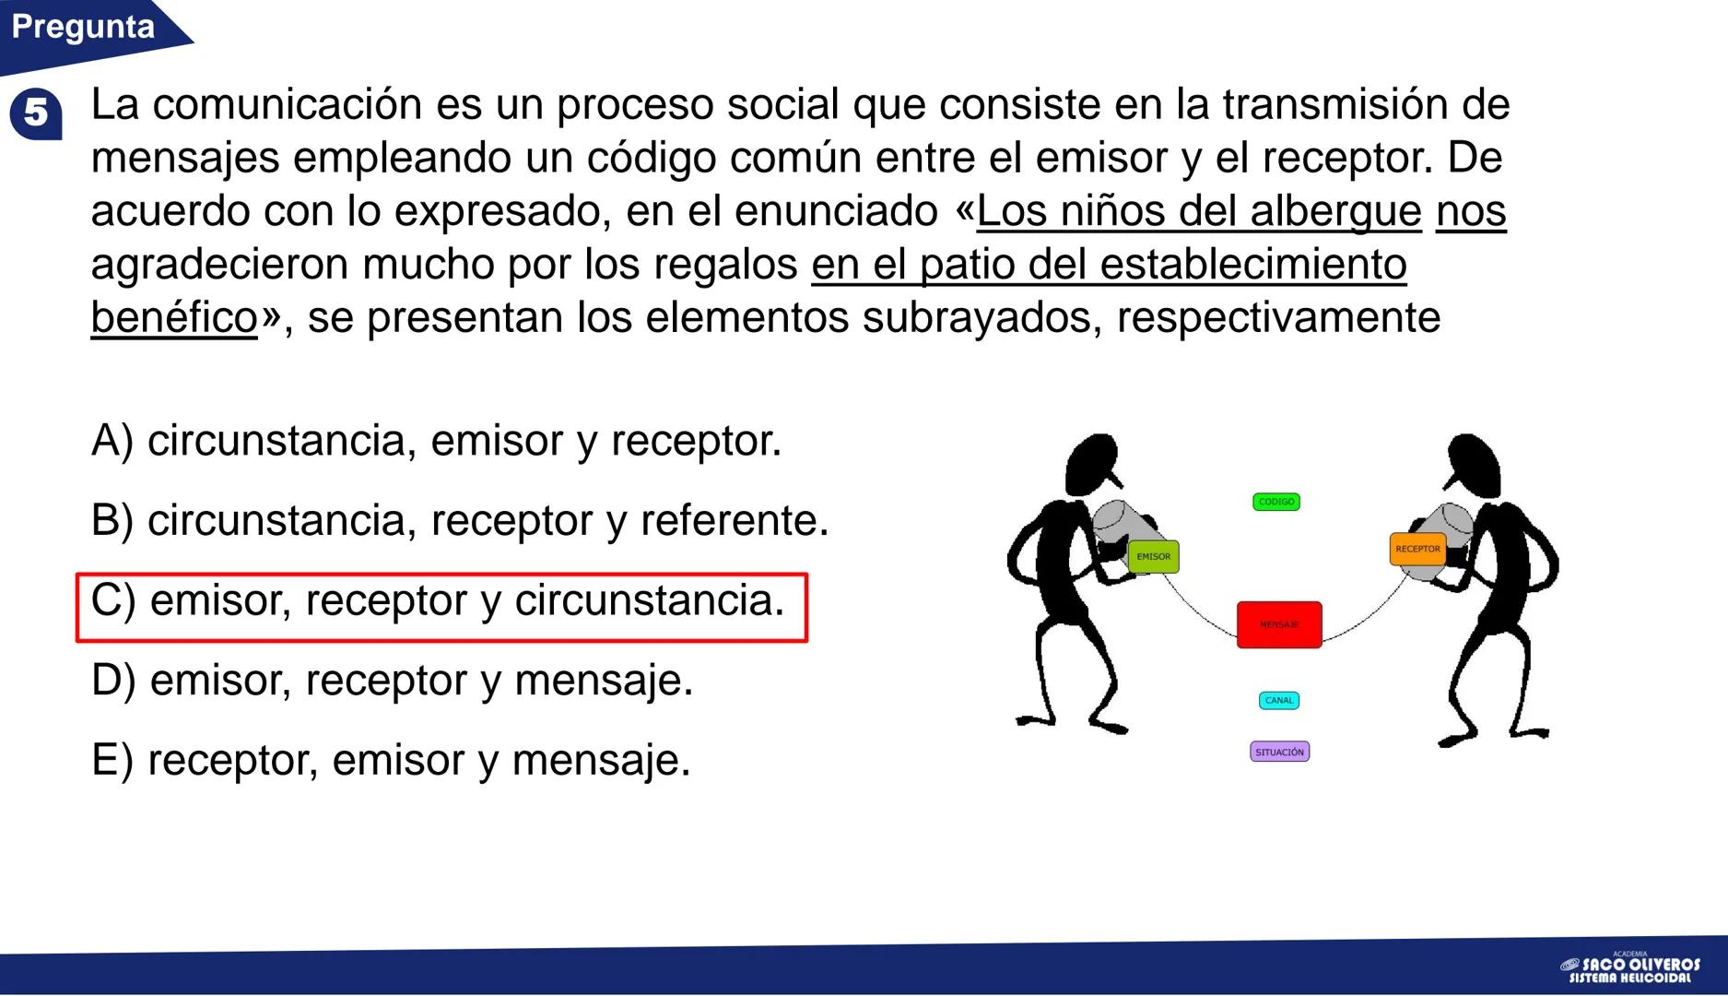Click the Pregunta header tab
pos(83,28)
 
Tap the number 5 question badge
pos(36,113)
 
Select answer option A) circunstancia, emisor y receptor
pos(436,441)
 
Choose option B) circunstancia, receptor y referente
pos(460,521)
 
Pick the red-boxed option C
pos(438,601)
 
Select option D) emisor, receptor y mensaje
pos(392,682)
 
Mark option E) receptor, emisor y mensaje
pos(391,762)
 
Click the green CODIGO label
pos(1276,502)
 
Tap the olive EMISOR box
pos(1153,557)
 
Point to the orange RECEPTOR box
pos(1417,549)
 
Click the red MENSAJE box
pos(1279,624)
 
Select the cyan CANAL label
pos(1279,701)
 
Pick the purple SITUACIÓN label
pos(1280,753)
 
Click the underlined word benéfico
pos(174,318)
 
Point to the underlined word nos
pos(1471,211)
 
